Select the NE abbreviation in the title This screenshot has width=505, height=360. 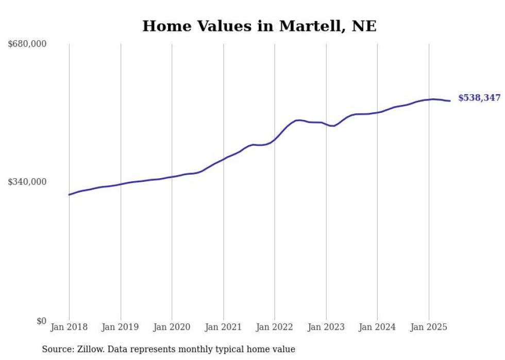[x=364, y=26]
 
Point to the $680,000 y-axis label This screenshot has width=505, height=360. [x=27, y=44]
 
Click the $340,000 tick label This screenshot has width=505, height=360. [x=27, y=182]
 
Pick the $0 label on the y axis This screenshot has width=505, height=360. [x=41, y=321]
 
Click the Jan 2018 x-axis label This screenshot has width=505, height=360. [x=69, y=327]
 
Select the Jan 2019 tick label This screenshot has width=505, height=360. [x=120, y=327]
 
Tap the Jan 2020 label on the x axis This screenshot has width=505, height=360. [x=172, y=327]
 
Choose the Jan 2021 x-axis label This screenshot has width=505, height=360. [x=223, y=327]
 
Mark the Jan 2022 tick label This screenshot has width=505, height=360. [x=275, y=327]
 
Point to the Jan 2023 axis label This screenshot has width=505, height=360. [x=326, y=327]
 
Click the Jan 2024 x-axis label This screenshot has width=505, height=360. [x=377, y=327]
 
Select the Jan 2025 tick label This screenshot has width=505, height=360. [x=429, y=327]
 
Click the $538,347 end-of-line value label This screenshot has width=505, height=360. [x=479, y=98]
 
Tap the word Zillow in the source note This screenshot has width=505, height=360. [x=93, y=349]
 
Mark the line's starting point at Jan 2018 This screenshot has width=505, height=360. [x=69, y=195]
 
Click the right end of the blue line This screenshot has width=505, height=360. [x=450, y=101]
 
